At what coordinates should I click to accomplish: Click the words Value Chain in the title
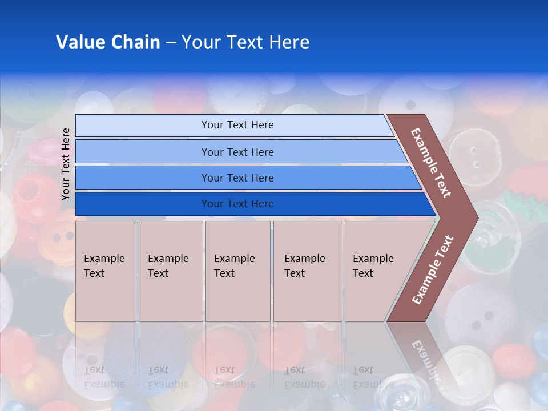tap(108, 42)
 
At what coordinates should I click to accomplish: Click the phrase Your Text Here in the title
tap(245, 42)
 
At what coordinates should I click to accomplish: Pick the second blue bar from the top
tap(237, 152)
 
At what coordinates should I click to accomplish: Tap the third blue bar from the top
tap(237, 178)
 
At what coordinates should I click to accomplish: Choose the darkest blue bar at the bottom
tap(237, 204)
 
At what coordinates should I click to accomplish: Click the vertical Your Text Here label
tap(66, 164)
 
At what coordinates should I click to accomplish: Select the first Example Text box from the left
tap(106, 271)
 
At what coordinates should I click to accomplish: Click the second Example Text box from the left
tap(170, 271)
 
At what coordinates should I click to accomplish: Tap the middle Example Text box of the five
tap(237, 271)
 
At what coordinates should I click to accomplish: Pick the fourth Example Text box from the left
tap(307, 271)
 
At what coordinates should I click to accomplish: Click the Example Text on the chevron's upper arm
tap(431, 162)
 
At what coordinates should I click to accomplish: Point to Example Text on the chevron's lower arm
tap(433, 269)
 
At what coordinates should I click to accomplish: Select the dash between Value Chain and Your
tap(171, 43)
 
